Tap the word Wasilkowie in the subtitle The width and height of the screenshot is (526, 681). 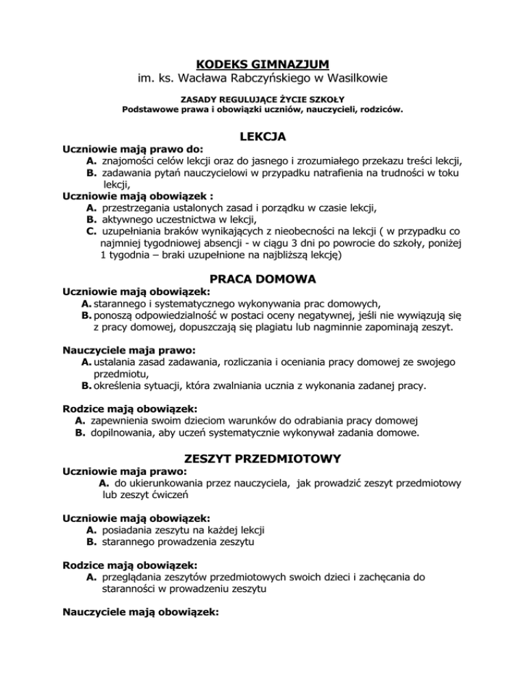pyautogui.click(x=356, y=79)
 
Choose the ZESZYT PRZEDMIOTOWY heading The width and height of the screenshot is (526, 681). pyautogui.click(x=262, y=458)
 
